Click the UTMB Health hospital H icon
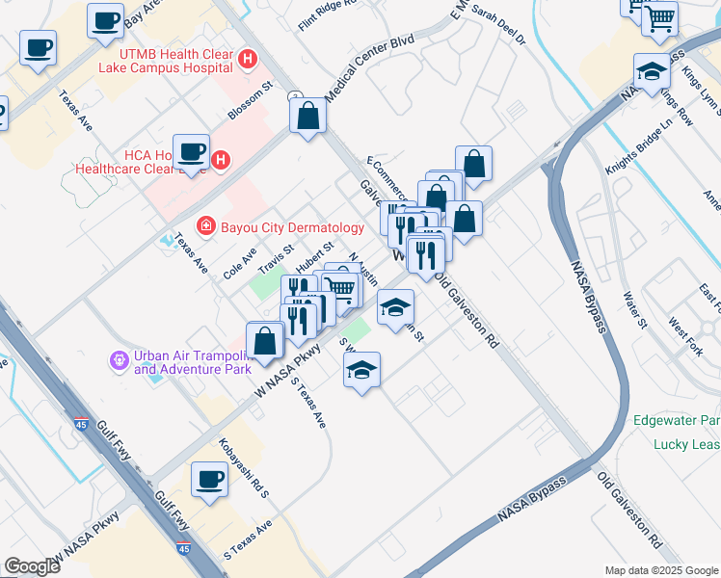pos(248,60)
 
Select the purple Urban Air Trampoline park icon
pos(119,360)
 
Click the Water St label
pos(634,309)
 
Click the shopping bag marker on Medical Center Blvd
pos(308,117)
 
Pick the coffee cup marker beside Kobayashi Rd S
pos(209,479)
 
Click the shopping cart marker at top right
pos(659,17)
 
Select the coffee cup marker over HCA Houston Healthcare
pos(191,150)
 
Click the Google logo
pos(32,566)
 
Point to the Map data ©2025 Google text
pos(661,570)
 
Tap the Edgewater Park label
pos(676,421)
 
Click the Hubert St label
pos(314,257)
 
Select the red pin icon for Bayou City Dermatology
pos(204,227)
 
